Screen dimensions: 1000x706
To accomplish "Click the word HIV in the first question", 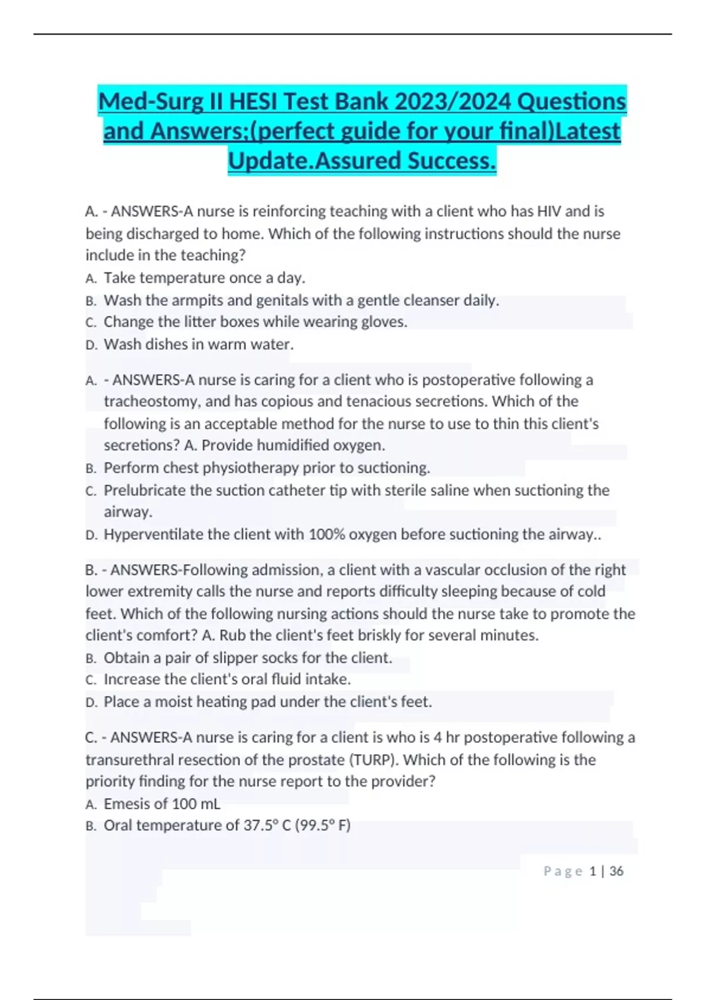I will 551,211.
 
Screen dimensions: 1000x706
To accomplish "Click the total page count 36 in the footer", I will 616,871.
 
